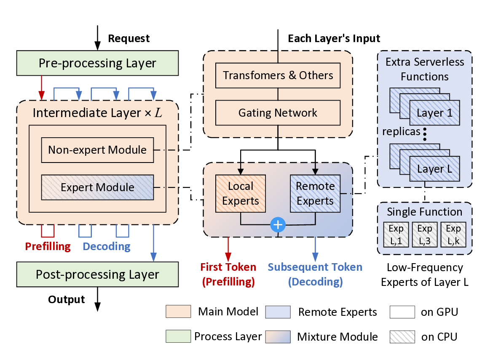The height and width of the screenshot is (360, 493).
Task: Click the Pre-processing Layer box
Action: [97, 63]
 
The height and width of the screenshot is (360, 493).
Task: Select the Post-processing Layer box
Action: [97, 275]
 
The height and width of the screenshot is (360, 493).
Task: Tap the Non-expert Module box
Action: [97, 150]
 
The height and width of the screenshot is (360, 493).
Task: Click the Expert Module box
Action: [97, 187]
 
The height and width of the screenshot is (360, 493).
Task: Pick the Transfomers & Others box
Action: [278, 75]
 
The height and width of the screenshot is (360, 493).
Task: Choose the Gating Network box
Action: [278, 113]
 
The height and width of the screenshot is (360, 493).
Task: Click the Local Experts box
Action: [241, 193]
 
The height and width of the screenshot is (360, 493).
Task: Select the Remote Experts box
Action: [315, 193]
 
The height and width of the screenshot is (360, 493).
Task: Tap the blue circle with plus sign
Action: [278, 225]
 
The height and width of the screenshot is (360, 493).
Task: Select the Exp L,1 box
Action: [396, 235]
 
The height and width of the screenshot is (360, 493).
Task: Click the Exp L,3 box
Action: [424, 235]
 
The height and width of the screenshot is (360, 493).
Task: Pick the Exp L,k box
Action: [453, 235]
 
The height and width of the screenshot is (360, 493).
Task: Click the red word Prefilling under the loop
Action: [48, 246]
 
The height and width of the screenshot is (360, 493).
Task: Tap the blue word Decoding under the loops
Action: [107, 246]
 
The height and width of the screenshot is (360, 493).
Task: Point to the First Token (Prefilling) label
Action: [228, 275]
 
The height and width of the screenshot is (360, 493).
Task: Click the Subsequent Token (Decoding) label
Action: [315, 275]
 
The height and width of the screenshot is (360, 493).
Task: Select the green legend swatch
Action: [178, 336]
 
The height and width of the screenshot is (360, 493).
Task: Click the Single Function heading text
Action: [424, 212]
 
